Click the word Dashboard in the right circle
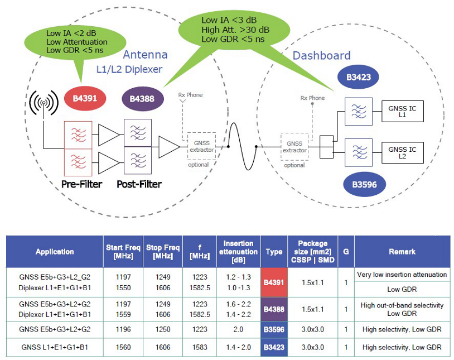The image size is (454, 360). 322,56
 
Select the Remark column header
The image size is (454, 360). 402,252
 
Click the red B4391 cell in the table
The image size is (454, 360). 273,282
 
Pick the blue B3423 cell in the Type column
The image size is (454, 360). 273,347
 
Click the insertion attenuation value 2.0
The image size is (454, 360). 238,330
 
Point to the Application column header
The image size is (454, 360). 55,252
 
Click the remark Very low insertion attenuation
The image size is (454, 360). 402,275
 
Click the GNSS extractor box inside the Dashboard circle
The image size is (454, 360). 294,147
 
